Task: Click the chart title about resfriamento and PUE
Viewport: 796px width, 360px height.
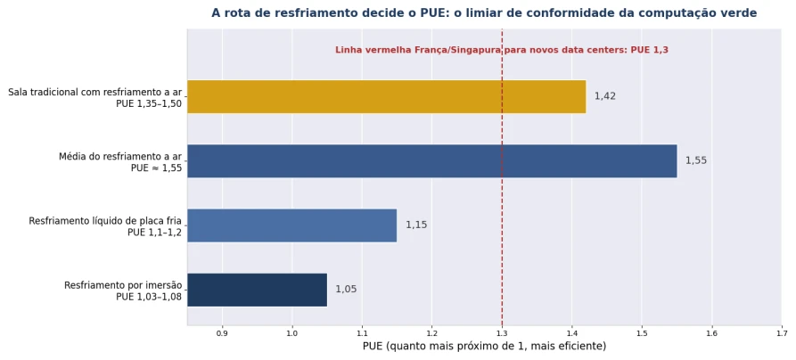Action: tap(484, 13)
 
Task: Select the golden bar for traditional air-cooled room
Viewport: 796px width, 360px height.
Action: tap(386, 96)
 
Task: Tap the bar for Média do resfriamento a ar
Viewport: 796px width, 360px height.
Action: tap(432, 161)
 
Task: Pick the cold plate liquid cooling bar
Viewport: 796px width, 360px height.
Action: tap(291, 225)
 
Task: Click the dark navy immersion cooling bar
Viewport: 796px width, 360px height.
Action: tap(257, 290)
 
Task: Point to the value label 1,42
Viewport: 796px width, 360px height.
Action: tap(605, 96)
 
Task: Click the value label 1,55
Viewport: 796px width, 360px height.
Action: tap(696, 161)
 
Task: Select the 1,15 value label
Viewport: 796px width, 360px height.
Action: tap(416, 225)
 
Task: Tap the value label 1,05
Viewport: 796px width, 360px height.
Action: tap(346, 290)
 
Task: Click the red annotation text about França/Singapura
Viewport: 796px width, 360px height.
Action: tap(502, 50)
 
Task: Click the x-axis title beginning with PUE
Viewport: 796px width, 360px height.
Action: tap(484, 347)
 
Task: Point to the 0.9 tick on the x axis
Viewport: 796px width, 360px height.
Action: tap(222, 333)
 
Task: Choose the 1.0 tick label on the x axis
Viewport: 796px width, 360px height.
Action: tap(291, 333)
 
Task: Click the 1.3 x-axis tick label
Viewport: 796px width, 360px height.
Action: tap(502, 333)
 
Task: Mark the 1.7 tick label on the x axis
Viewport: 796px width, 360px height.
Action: tap(782, 333)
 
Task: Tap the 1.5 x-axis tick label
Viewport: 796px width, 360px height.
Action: tap(642, 333)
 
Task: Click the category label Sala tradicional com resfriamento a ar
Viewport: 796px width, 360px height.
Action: tap(94, 93)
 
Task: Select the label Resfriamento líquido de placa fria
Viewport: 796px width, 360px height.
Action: tap(105, 221)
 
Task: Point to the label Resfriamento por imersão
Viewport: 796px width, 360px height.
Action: tap(123, 285)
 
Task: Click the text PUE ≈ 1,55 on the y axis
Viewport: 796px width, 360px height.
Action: tap(156, 168)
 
